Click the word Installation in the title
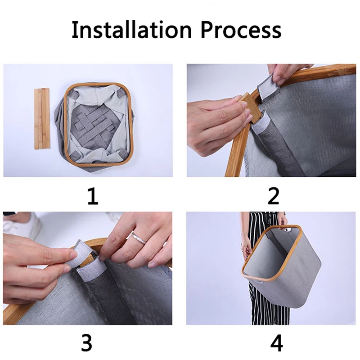tap(131, 30)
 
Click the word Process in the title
tap(241, 30)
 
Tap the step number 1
tap(93, 196)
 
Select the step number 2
tap(274, 196)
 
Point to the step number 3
tap(86, 343)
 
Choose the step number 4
tap(276, 343)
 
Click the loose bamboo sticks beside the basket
tap(42, 118)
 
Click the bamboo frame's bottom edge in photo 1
tap(99, 164)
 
